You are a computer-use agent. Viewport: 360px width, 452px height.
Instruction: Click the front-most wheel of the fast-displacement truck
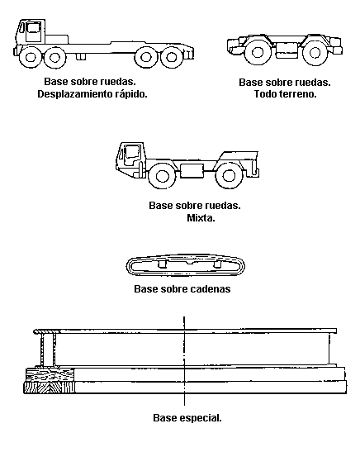(31, 57)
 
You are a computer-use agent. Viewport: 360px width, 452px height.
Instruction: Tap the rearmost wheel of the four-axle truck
(171, 57)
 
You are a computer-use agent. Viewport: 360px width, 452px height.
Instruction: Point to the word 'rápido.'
(131, 94)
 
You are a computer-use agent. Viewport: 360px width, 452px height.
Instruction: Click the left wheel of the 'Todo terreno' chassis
(257, 52)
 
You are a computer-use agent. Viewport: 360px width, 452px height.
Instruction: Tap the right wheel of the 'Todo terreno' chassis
(315, 52)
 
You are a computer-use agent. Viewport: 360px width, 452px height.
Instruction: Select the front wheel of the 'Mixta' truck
(162, 175)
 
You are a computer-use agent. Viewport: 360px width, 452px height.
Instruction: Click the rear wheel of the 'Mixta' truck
(229, 175)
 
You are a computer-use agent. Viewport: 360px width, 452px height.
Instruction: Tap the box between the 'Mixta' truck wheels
(192, 170)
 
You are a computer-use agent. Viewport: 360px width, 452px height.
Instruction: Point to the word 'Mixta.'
(201, 218)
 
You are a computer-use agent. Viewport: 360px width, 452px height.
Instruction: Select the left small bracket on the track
(163, 264)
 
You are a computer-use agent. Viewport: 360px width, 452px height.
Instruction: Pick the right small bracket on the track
(217, 264)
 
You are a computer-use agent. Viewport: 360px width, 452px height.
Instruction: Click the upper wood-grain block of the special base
(50, 375)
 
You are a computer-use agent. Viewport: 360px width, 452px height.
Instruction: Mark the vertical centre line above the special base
(184, 360)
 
